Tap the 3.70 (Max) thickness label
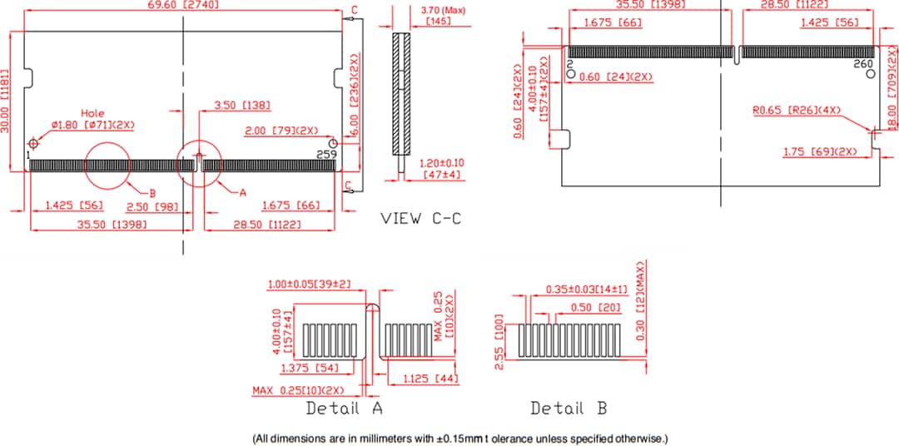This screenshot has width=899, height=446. tap(443, 10)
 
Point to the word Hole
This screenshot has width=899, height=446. tap(92, 113)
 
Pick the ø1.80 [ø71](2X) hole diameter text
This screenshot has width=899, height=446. tap(92, 125)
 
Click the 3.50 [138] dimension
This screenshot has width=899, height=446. tap(241, 106)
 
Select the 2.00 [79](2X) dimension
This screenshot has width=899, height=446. tap(282, 131)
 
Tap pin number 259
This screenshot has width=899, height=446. tap(326, 154)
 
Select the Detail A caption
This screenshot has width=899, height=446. tap(344, 409)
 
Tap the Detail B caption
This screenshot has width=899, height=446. tap(569, 409)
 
